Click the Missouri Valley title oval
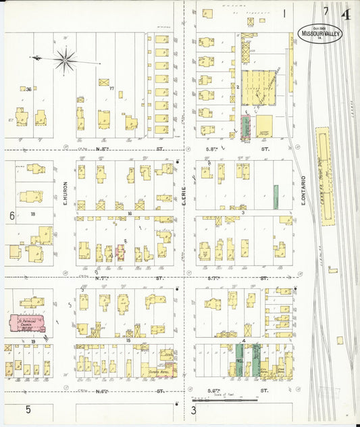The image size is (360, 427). click(x=319, y=34)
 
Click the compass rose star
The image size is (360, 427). click(x=66, y=60)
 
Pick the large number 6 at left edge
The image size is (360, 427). click(x=11, y=216)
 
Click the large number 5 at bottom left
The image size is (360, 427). click(x=28, y=409)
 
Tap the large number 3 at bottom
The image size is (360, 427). click(x=193, y=410)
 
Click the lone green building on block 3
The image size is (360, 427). click(x=276, y=196)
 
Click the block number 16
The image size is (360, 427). click(x=129, y=214)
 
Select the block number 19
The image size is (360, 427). click(x=32, y=342)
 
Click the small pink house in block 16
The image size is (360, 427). click(x=121, y=252)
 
